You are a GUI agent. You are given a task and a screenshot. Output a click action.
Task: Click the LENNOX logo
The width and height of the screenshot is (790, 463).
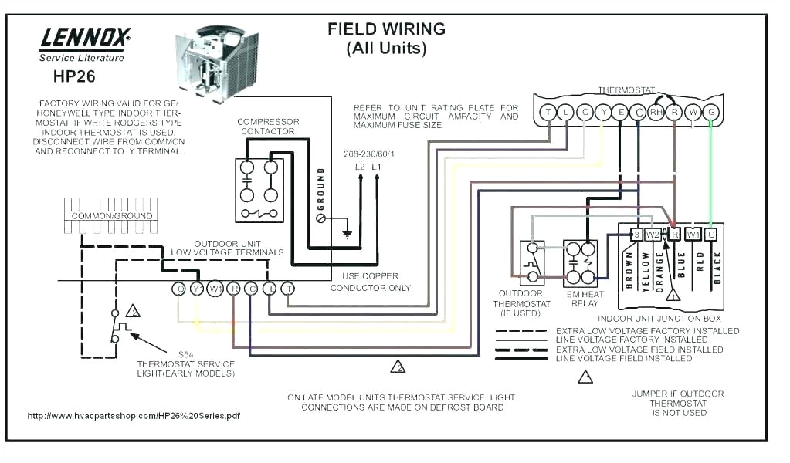pyautogui.click(x=84, y=37)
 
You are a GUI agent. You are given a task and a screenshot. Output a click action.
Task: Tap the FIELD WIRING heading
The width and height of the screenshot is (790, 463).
pyautogui.click(x=386, y=29)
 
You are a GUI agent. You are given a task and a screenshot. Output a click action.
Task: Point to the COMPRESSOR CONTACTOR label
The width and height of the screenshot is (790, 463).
pyautogui.click(x=268, y=127)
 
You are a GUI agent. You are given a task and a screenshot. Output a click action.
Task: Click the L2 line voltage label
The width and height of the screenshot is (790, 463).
pyautogui.click(x=359, y=167)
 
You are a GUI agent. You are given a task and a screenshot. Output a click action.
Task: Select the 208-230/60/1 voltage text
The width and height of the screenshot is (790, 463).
pyautogui.click(x=368, y=154)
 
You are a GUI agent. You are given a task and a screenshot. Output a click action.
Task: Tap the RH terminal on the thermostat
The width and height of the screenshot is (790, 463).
pyautogui.click(x=656, y=113)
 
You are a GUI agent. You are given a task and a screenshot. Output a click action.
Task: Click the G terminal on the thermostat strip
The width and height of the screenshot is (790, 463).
pyautogui.click(x=711, y=113)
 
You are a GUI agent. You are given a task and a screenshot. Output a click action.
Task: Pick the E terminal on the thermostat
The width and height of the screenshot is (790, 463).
pyautogui.click(x=620, y=113)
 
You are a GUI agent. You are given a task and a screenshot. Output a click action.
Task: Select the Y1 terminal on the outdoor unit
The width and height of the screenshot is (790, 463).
pyautogui.click(x=197, y=289)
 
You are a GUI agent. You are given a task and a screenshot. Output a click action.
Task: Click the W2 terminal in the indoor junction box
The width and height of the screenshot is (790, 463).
pyautogui.click(x=653, y=234)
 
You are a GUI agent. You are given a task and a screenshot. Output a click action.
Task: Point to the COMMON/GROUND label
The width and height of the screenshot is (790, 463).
pyautogui.click(x=112, y=216)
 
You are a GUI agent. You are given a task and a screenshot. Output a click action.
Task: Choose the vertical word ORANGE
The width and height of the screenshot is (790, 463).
pyautogui.click(x=659, y=272)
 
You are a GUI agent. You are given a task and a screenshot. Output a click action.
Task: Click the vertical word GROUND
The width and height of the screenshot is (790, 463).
pyautogui.click(x=320, y=189)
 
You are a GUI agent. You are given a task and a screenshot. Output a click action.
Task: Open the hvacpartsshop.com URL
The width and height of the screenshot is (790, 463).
pyautogui.click(x=133, y=416)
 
